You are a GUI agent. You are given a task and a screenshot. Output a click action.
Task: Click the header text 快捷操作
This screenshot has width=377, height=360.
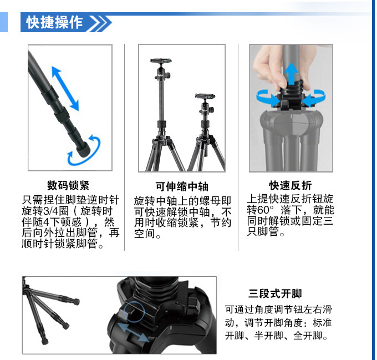pos(54,22)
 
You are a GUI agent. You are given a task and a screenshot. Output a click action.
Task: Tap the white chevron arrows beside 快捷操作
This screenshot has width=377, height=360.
pos(100,23)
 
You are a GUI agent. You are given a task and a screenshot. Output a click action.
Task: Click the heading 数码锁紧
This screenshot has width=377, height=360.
pos(68,185)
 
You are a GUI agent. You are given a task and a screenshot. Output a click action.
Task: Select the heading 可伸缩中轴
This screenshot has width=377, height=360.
pos(182,186)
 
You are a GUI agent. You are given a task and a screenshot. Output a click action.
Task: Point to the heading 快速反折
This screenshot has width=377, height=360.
pos(290,185)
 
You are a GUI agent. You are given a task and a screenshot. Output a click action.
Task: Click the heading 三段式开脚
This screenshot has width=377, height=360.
pos(275,293)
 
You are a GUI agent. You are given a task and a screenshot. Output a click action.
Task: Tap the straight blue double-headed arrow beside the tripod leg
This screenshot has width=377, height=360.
pos(65,89)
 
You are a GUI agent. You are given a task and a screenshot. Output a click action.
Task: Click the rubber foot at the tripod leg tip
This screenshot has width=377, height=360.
pos(83,150)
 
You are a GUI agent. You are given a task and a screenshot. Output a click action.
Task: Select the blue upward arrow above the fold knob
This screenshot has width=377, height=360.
pos(292,74)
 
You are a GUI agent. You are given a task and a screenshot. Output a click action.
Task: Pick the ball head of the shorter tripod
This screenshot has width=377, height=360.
pos(206,108)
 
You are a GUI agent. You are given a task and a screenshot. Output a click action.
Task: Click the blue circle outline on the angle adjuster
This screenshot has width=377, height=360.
pos(134,312)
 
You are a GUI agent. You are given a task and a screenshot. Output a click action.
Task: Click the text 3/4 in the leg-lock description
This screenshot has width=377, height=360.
pos(51,211)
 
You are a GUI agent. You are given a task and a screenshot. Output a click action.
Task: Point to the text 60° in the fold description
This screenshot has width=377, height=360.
pos(266,210)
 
